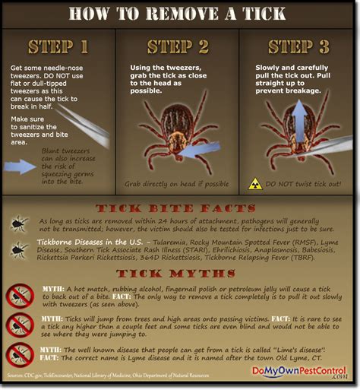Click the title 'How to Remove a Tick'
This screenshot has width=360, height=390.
180,14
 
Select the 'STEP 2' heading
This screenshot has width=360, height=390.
180,46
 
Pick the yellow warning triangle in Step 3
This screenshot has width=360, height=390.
256,184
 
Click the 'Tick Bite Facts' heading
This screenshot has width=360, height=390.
180,208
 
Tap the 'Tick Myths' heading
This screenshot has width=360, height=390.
180,271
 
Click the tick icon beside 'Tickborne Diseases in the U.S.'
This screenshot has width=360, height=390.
19,249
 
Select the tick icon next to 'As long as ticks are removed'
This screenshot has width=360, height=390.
19,224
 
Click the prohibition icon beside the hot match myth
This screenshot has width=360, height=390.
19,295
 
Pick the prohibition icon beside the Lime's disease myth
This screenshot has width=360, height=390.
19,354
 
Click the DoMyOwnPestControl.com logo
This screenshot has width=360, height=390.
298,373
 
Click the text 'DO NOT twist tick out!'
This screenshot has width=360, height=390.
304,184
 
